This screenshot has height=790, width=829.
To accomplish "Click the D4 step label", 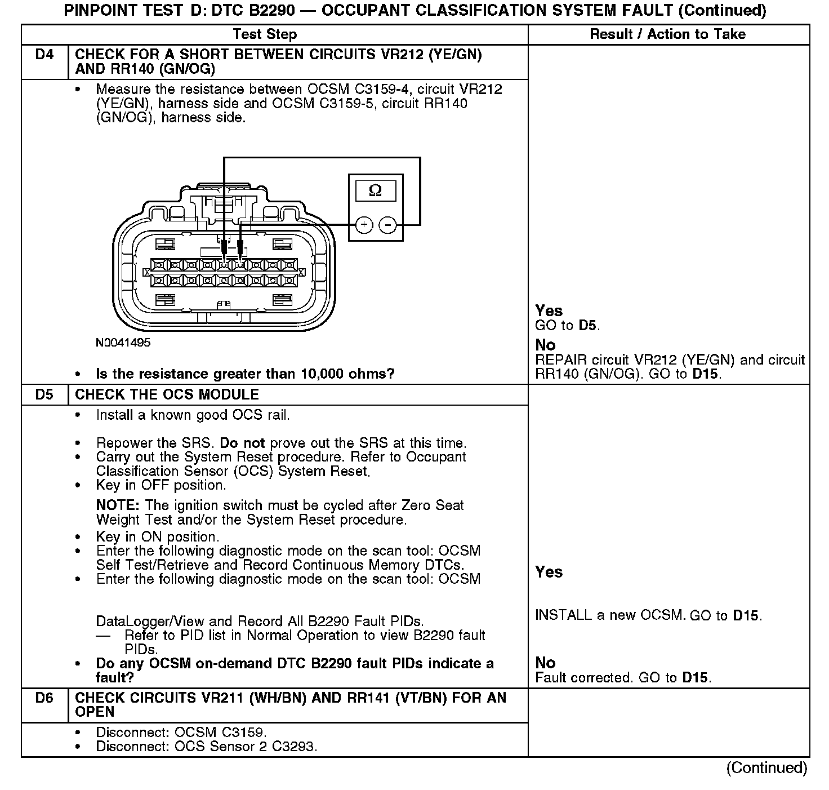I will (44, 55).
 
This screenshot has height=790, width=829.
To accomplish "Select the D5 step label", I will (44, 394).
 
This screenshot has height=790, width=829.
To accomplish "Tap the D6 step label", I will (44, 698).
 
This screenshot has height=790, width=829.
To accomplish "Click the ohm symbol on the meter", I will (375, 191).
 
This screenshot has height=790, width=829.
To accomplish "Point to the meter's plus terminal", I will (364, 225).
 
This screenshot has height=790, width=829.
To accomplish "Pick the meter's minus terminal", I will (388, 225).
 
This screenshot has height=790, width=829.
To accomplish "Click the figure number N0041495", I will (123, 343).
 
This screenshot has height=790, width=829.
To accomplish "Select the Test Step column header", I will (265, 34).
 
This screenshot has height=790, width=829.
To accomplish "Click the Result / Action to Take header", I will (667, 34).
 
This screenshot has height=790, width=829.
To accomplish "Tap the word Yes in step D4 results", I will (549, 310).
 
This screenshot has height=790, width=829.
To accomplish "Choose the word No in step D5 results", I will (545, 663).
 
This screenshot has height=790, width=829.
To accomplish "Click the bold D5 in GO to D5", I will (588, 326).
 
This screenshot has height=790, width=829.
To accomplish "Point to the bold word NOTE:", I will (118, 505).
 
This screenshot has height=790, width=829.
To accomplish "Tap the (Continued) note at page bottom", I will (766, 768).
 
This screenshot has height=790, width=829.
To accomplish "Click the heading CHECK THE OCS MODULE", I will (167, 394).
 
